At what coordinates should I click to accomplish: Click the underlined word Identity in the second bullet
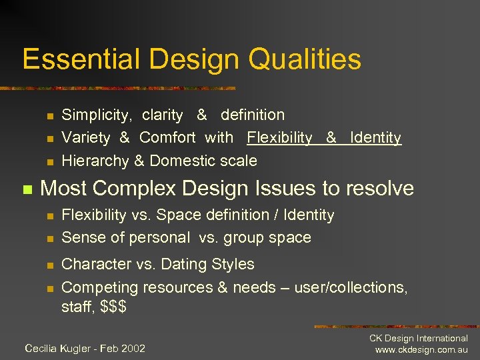coord(375,138)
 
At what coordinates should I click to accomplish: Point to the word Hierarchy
coord(95,161)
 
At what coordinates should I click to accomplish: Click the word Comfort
coord(167,138)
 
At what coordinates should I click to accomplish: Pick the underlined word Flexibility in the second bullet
coord(279,138)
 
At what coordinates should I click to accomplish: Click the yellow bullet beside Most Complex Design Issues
coord(27,190)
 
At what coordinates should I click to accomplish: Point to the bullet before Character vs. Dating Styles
coord(49,265)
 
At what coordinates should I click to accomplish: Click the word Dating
coord(163,264)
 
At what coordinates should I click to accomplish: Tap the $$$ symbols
coord(113,307)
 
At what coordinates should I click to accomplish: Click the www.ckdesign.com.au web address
coord(421,350)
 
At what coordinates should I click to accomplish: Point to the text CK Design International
coord(419,339)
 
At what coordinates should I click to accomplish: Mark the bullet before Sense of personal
coord(49,239)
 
